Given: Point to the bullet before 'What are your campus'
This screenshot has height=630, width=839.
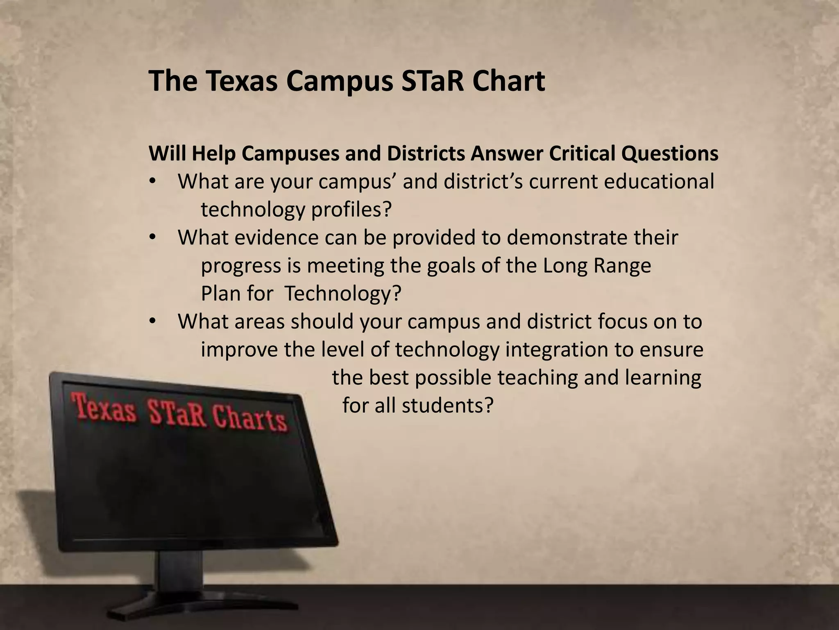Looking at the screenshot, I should [x=152, y=182].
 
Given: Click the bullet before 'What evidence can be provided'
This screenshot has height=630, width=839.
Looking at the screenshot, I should [x=152, y=238].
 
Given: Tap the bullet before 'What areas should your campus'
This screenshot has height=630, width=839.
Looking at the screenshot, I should [x=152, y=322].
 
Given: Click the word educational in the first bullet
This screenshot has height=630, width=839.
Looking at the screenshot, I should [x=659, y=182].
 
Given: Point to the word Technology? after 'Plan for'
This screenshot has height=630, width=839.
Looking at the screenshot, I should [x=342, y=294].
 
